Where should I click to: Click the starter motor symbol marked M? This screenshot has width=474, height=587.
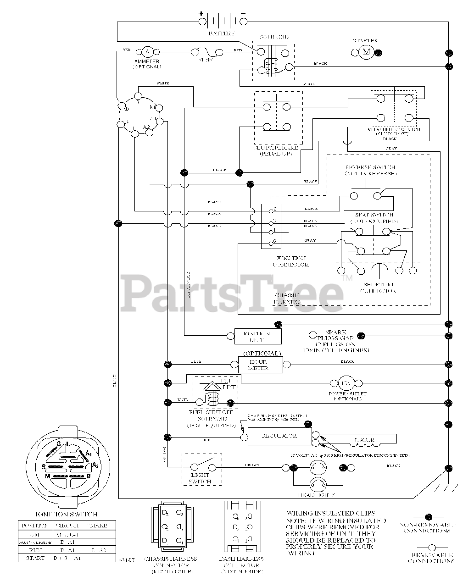tap(366, 52)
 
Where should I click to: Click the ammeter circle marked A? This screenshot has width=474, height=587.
tap(147, 52)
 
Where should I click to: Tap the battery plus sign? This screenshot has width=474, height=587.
tap(201, 14)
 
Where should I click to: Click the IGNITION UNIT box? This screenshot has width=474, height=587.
tap(257, 337)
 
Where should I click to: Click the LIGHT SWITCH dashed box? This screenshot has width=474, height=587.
tap(202, 470)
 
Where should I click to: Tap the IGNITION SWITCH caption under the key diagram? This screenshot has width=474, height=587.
tap(66, 515)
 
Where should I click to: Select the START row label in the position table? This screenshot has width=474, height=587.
tap(36, 559)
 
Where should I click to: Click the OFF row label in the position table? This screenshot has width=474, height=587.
tap(36, 534)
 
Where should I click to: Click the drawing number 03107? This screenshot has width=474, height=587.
tap(126, 560)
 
